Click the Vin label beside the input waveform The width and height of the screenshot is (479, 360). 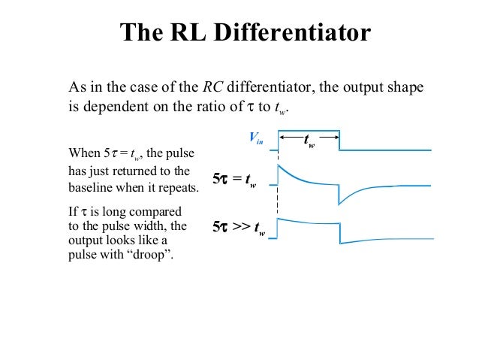[x=256, y=138]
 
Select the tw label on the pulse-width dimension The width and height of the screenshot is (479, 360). [x=309, y=141]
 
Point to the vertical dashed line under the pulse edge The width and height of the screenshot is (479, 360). [x=278, y=199]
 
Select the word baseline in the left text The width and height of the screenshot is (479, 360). [x=90, y=187]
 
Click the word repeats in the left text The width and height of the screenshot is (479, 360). [x=179, y=187]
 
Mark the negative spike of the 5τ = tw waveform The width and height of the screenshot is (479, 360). [x=340, y=202]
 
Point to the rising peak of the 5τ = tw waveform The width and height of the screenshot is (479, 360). [x=279, y=168]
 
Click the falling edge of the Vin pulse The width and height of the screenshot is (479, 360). [x=339, y=141]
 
